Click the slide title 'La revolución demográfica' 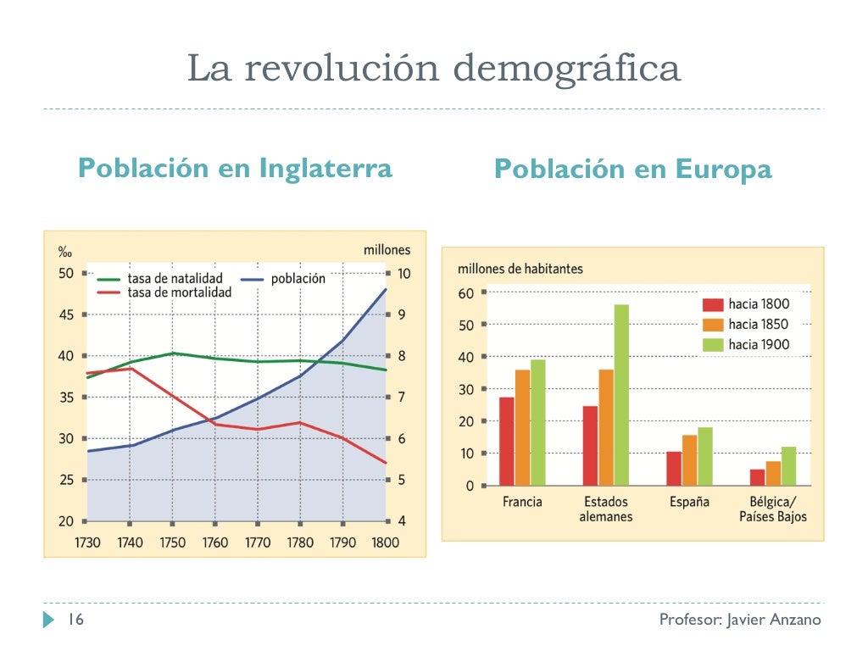pos(433,69)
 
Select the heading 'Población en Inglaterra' pos(235,168)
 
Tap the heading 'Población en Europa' pos(632,170)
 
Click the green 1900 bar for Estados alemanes pos(621,395)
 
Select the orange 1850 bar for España pos(689,460)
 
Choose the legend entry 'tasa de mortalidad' pos(179,292)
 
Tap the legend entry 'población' pos(298,279)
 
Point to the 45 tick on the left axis pos(65,314)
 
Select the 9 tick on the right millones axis pos(403,314)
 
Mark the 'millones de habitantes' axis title pos(520,269)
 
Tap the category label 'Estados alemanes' pos(605,509)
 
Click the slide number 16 pos(75,620)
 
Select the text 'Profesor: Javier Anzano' pos(740,620)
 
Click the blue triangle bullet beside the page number pos(48,620)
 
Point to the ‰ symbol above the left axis pos(64,252)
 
